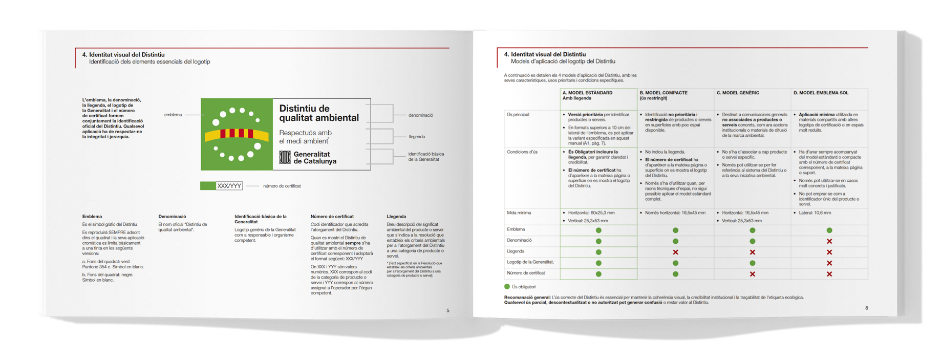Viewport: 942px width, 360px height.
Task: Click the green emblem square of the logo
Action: coord(237,134)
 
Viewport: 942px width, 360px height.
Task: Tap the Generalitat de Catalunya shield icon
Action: coord(285,157)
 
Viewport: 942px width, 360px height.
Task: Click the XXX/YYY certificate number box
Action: coord(229,186)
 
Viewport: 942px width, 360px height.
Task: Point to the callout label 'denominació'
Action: coord(420,115)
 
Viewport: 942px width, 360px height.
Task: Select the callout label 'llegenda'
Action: coord(417,137)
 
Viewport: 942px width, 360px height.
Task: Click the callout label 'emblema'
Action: coord(173,115)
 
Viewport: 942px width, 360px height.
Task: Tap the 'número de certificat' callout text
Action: coord(282,186)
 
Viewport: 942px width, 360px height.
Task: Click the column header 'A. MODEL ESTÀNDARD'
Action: coord(587,93)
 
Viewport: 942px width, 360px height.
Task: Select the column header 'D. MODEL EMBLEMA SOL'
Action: coord(821,93)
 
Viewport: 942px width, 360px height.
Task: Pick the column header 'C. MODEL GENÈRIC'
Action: coord(738,93)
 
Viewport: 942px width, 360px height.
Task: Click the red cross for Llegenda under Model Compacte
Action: coord(675,252)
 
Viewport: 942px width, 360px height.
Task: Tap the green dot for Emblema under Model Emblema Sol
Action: coord(829,230)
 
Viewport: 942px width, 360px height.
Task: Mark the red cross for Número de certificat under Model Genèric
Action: coord(752,274)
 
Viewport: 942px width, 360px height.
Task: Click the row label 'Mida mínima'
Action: coord(519,213)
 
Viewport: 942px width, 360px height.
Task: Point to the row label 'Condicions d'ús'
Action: coord(522,152)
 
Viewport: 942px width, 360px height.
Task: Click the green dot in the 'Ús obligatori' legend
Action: coord(507,287)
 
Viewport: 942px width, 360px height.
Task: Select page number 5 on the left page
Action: coord(448,310)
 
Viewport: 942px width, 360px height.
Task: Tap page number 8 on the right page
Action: coord(867,308)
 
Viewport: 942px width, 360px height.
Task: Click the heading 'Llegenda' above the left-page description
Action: coord(396,217)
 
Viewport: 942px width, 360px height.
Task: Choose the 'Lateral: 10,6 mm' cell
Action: coord(815,213)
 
